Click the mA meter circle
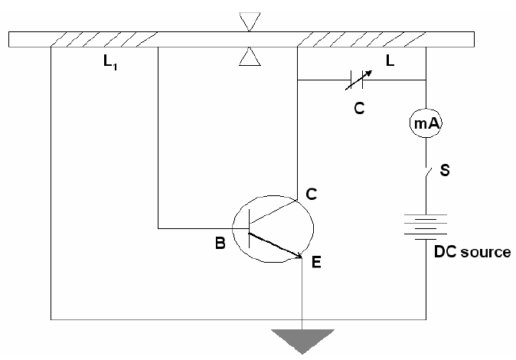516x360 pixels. point(426,122)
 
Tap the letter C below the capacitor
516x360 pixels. point(358,109)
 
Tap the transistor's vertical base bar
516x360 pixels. point(250,228)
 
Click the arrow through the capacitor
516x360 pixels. point(363,77)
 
